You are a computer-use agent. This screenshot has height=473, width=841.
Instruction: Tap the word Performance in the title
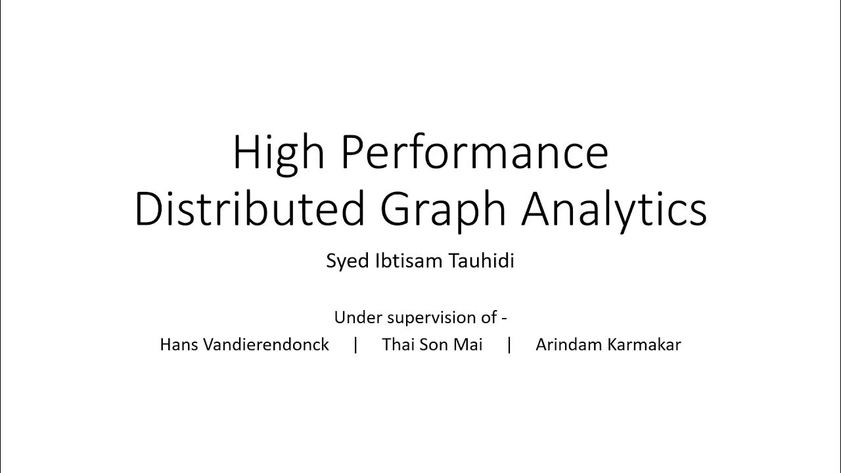474,152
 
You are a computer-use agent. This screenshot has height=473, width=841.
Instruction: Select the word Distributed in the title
249,210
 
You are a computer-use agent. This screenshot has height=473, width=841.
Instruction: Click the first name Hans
177,344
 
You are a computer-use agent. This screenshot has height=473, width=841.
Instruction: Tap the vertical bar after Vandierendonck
355,344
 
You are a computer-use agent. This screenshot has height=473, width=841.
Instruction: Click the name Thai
397,344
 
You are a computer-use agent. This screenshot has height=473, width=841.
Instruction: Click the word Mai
469,344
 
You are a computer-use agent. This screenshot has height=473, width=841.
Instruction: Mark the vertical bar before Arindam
509,344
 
